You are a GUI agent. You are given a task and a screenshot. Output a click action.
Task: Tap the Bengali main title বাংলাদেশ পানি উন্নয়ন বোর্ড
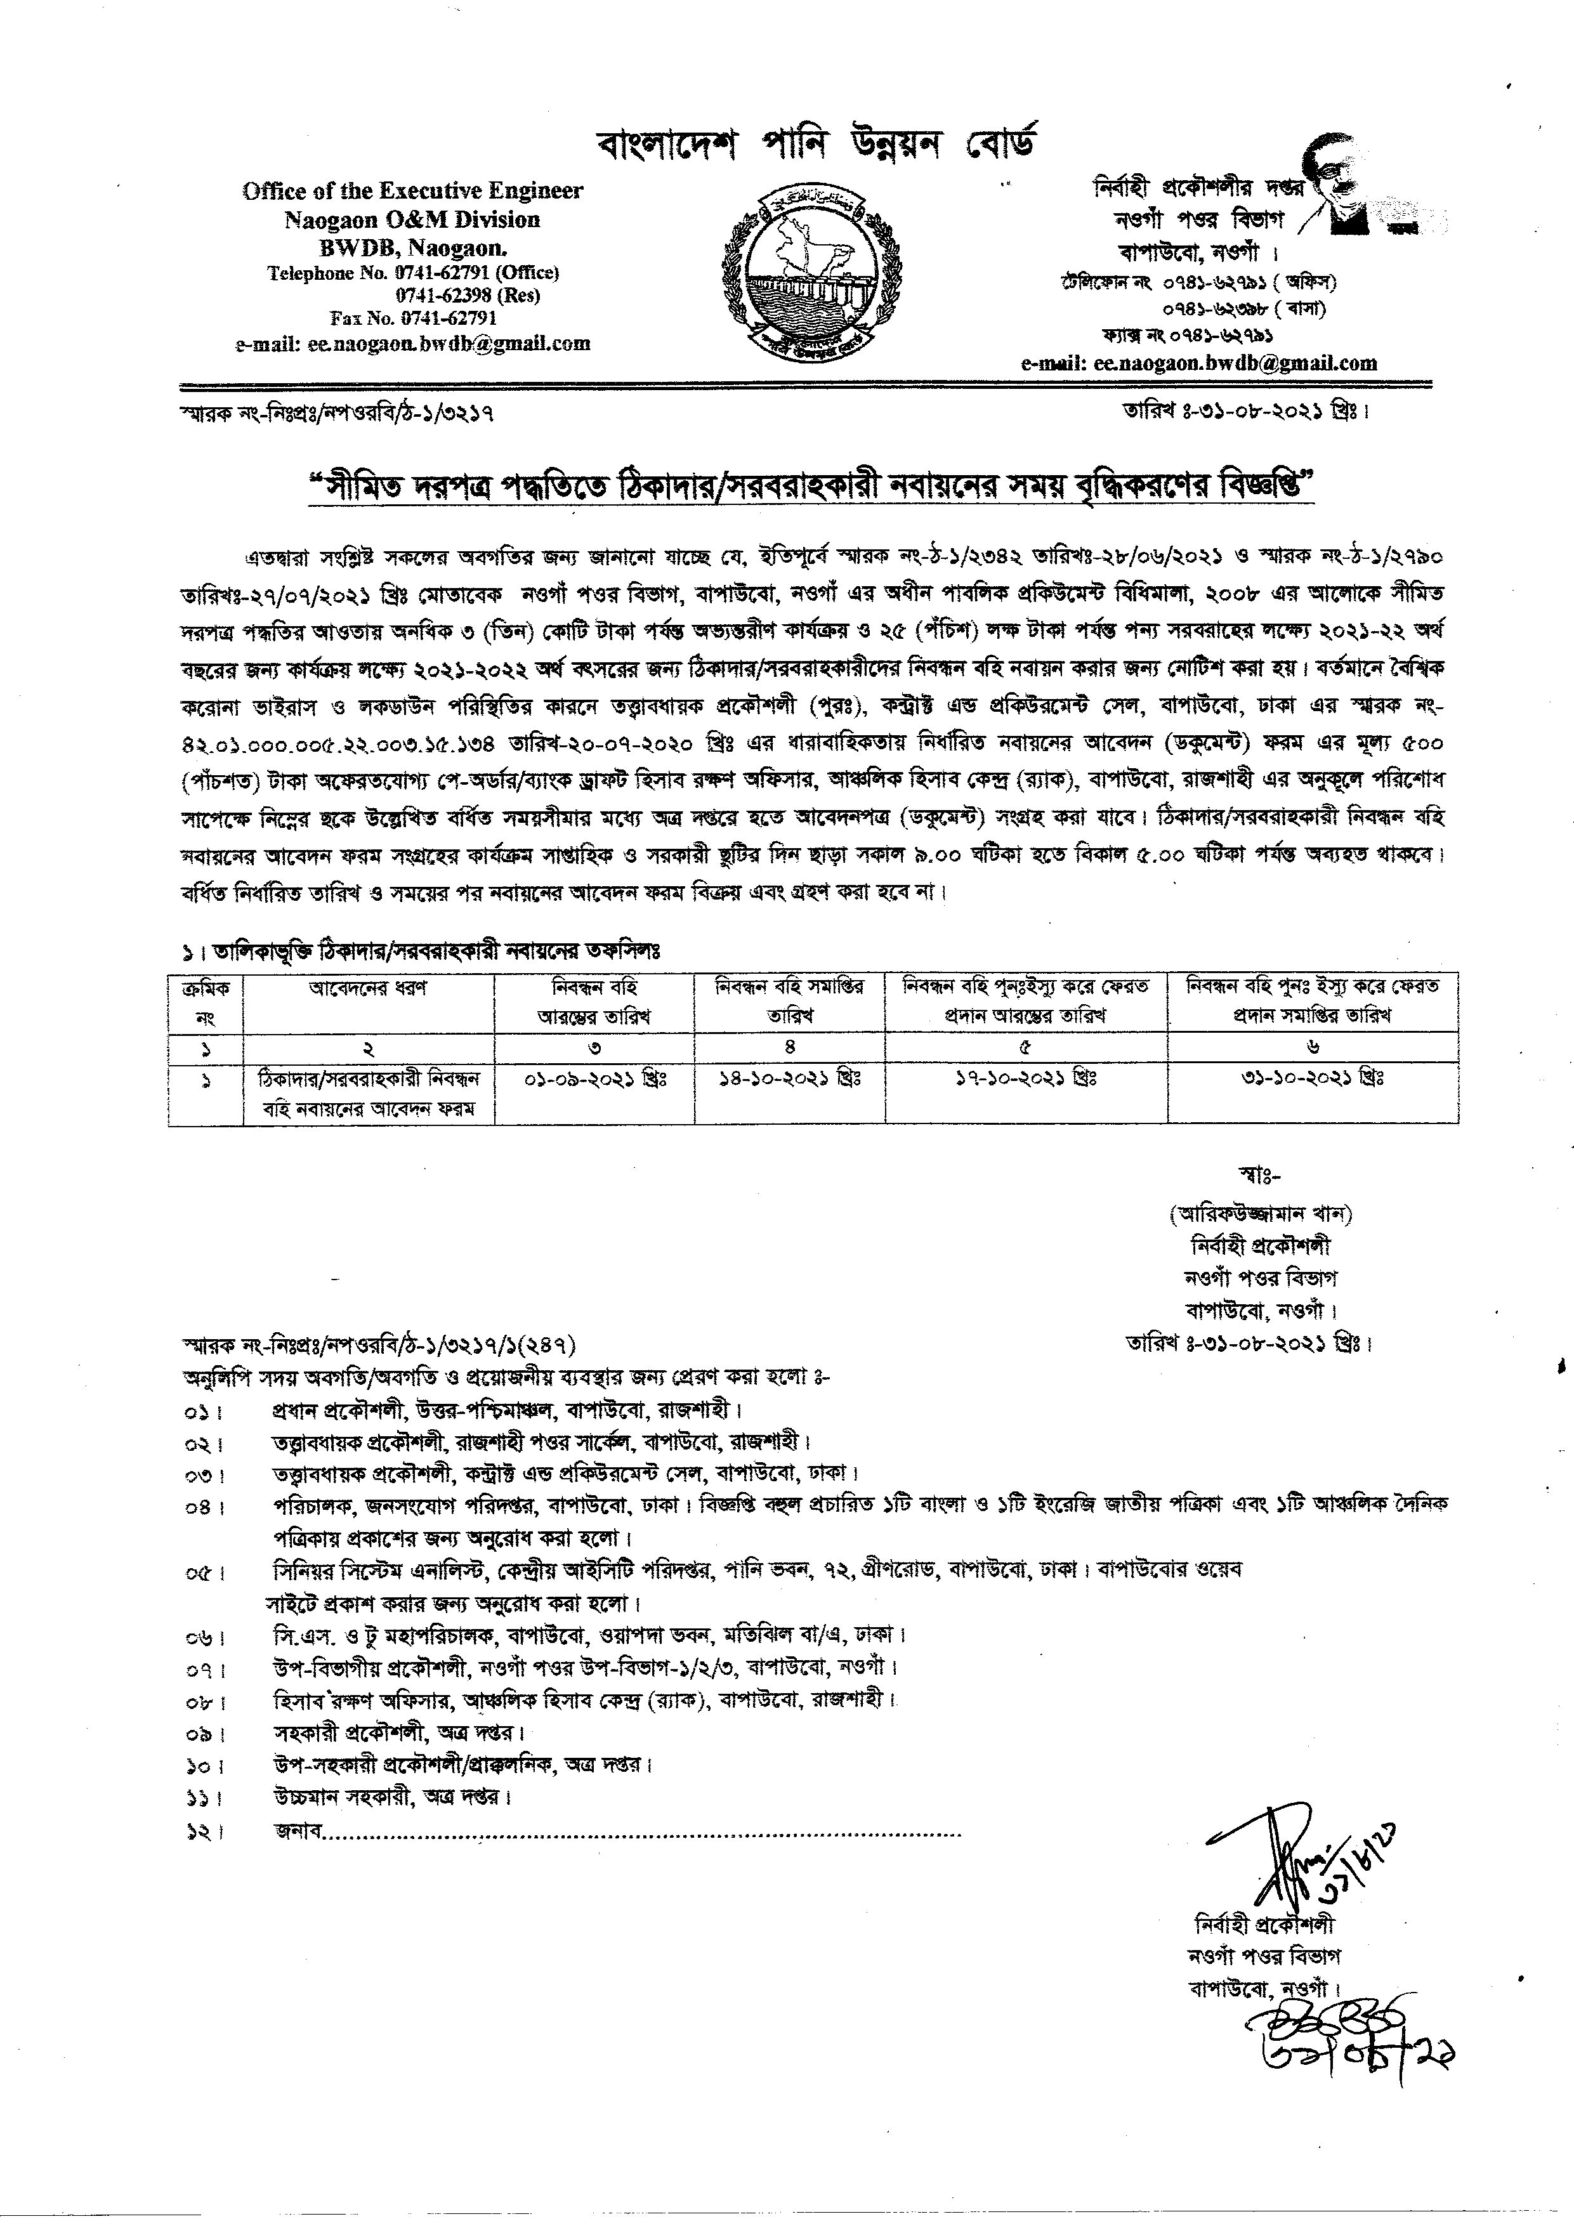click(817, 147)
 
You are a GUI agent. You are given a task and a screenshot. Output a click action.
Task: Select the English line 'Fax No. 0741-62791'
click(413, 318)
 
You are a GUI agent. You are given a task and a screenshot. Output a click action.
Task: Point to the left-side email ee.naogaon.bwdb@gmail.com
click(412, 343)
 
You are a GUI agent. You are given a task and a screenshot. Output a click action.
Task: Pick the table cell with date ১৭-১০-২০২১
click(1025, 1078)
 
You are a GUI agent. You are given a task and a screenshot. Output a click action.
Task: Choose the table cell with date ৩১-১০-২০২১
click(1312, 1078)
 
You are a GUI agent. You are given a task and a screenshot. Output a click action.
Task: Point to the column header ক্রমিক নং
click(206, 1002)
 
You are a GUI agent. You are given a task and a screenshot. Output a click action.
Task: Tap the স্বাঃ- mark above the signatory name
click(1260, 1176)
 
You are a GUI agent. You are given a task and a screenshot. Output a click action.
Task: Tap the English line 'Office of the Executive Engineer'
click(412, 191)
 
